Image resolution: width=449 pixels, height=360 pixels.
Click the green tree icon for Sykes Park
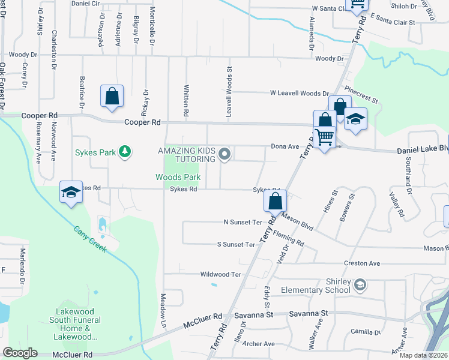[125, 152]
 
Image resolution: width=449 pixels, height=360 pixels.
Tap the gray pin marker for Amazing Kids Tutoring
[225, 155]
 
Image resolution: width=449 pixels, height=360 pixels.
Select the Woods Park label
[178, 178]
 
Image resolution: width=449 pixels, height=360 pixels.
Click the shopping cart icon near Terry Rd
[325, 137]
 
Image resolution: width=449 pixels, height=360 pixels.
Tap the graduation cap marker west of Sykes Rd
[71, 193]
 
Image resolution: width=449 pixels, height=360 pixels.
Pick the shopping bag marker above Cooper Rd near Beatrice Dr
[112, 96]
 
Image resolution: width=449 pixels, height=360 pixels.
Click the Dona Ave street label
[285, 146]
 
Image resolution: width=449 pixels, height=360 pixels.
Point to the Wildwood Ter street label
[220, 274]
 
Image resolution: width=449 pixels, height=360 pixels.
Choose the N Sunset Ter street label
[243, 222]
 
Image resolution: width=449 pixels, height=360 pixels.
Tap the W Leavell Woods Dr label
[299, 94]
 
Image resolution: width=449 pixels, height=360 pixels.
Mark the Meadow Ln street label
[163, 306]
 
